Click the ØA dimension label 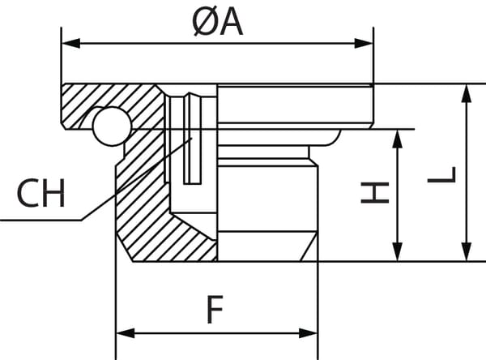(x=218, y=23)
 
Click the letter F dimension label (x=214, y=311)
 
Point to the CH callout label (x=40, y=195)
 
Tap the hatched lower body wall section (x=150, y=219)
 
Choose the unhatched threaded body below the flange (x=263, y=203)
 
